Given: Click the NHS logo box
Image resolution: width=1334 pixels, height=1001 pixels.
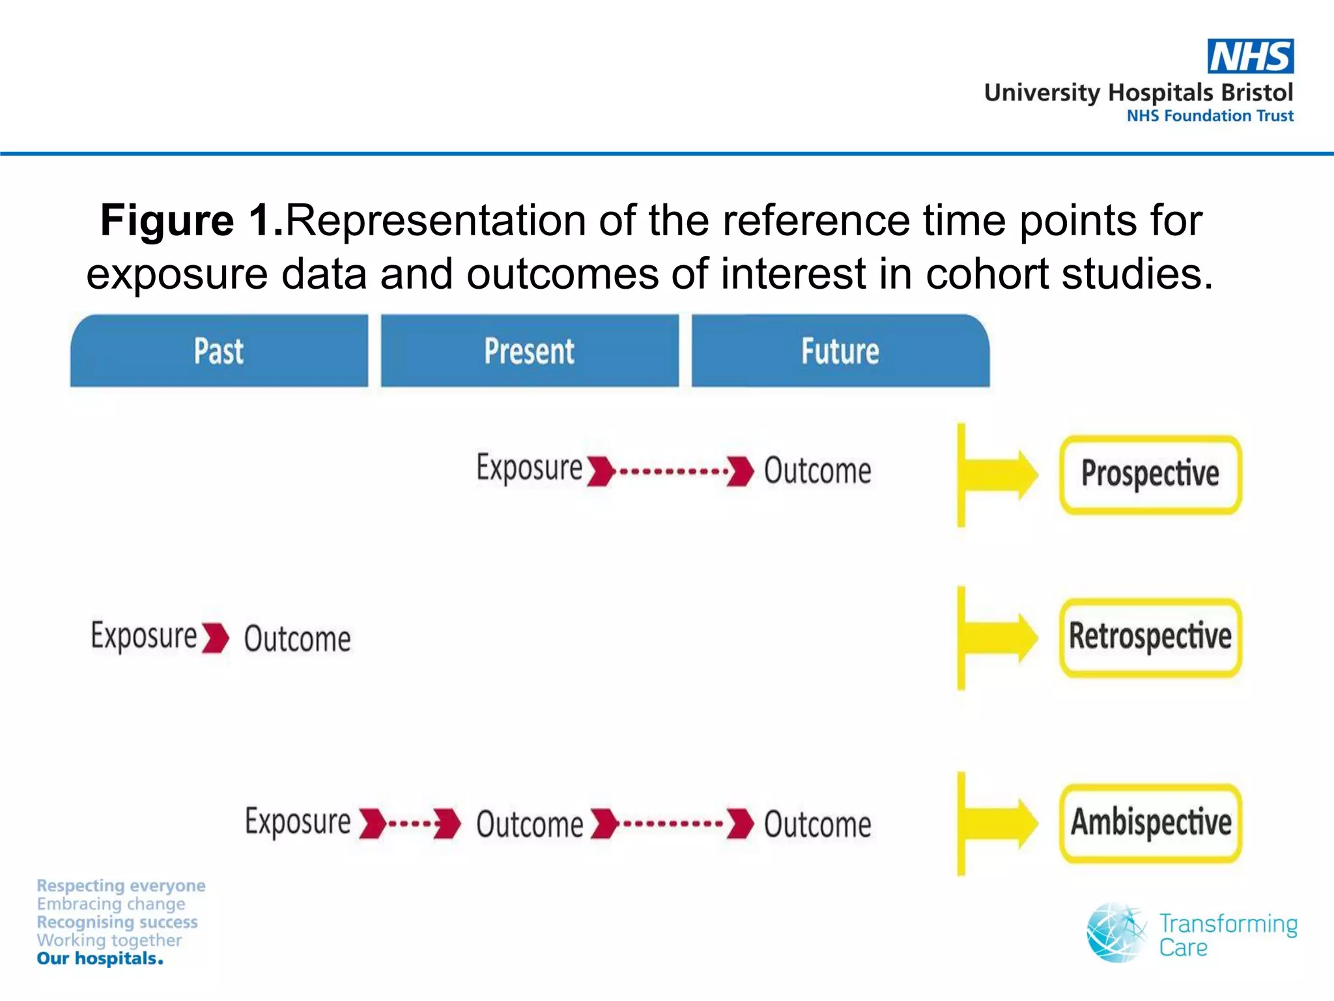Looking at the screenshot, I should click(x=1250, y=56).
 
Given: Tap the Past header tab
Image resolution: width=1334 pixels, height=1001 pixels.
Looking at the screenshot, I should click(x=219, y=351).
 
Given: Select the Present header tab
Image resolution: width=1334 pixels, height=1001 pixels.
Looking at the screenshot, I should click(x=530, y=351).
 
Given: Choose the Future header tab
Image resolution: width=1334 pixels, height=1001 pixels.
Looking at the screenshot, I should click(x=840, y=351).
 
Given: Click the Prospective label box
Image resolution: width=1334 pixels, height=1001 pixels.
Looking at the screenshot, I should click(x=1150, y=474).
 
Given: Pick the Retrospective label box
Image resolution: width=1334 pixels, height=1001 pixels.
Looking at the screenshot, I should click(x=1150, y=637).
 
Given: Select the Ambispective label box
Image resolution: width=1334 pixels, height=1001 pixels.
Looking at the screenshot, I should click(x=1150, y=822).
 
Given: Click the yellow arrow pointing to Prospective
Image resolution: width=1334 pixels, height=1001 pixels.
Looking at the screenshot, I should click(x=1000, y=474).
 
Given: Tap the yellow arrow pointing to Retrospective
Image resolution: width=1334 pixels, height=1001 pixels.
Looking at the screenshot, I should click(x=1000, y=637).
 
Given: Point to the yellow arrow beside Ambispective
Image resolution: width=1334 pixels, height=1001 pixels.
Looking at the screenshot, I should click(x=1000, y=822).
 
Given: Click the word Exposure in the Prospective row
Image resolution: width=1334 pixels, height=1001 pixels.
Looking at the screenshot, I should click(x=529, y=468).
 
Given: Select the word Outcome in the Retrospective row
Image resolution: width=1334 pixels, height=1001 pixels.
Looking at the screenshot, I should click(x=297, y=639).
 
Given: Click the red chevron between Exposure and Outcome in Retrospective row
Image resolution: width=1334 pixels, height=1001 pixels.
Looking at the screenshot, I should click(x=216, y=637).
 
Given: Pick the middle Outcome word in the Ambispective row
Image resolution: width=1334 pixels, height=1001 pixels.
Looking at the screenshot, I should click(x=530, y=824).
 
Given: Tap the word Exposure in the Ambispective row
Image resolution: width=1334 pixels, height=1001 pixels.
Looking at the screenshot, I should click(x=298, y=821).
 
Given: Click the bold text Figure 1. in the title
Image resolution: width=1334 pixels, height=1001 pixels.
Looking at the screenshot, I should click(x=192, y=220).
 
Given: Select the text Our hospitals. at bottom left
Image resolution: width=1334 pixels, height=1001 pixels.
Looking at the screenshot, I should click(x=100, y=959).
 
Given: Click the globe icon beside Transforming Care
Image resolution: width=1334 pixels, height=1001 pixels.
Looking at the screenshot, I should click(x=1116, y=933).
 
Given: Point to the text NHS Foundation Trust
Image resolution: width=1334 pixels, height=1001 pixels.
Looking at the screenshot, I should click(x=1210, y=116).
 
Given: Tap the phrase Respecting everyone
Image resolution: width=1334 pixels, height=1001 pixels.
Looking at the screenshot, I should click(x=121, y=886).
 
